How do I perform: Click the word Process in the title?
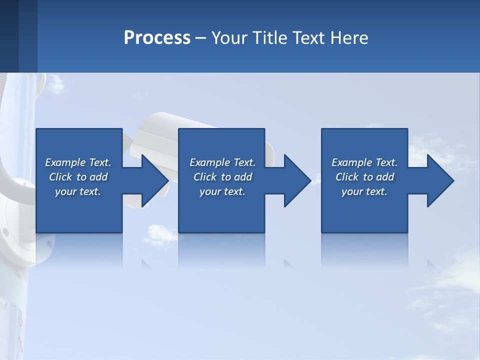157,38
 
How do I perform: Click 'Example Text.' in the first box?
78,162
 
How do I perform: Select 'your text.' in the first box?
78,191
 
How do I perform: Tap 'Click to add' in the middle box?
222,177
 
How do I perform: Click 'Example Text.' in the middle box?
222,162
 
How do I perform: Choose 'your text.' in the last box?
364,191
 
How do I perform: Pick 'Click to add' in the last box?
364,177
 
